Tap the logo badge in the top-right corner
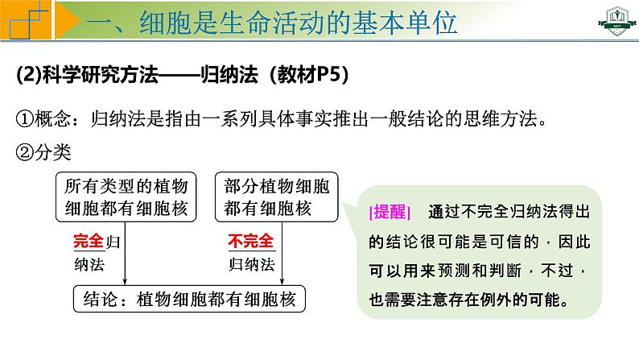(611, 23)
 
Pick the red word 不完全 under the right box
(251, 241)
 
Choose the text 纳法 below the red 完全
(87, 265)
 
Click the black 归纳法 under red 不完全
(252, 264)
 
